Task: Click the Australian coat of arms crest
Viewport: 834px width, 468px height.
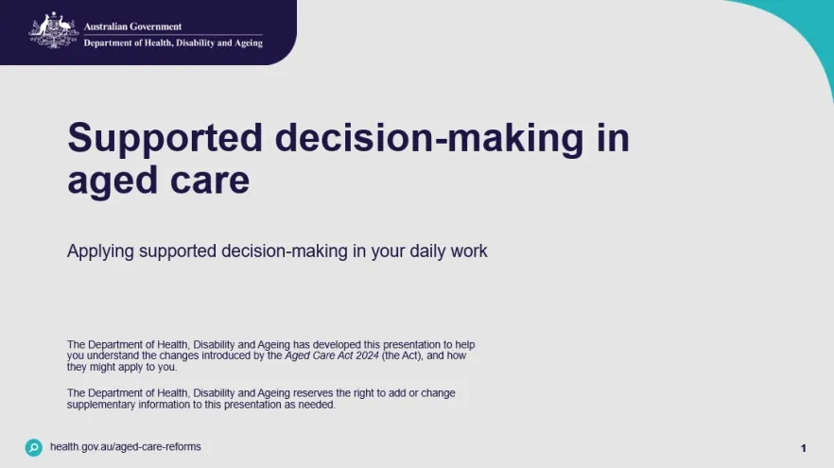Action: point(54,31)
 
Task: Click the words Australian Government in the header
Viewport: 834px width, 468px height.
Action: point(132,26)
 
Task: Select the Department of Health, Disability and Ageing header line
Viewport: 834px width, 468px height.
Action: point(173,43)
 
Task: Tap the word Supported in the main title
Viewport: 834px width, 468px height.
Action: point(165,139)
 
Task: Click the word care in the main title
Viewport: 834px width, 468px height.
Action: point(208,180)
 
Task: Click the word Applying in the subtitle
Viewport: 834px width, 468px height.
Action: point(100,251)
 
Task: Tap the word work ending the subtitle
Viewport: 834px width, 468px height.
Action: point(469,251)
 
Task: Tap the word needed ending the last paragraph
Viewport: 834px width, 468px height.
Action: point(319,405)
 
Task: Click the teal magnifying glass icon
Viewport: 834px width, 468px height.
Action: point(34,447)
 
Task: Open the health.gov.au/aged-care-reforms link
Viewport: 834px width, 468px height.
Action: point(126,447)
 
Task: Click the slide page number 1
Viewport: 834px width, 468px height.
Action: point(804,448)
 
